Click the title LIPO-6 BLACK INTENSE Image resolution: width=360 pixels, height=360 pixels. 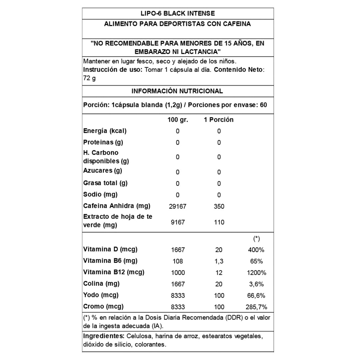[177, 13]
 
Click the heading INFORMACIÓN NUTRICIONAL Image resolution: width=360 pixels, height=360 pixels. [177, 91]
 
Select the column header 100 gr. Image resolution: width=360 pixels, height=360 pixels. [178, 120]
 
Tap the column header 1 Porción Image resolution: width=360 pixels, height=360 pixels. [219, 120]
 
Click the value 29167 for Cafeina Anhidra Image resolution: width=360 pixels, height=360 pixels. [178, 207]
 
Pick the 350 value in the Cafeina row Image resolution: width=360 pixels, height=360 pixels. [219, 207]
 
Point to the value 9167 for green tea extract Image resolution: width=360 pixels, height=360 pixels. [178, 222]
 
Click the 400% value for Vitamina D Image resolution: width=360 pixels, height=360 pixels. [256, 250]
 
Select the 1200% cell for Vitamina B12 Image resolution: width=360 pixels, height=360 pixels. [256, 273]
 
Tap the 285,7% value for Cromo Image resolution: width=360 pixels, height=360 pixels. [256, 307]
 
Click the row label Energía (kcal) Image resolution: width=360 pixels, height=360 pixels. [105, 131]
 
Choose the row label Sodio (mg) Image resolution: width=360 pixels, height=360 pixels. [100, 194]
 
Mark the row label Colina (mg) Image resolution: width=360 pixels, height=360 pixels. [101, 284]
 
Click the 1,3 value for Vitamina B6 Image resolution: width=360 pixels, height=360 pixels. [219, 261]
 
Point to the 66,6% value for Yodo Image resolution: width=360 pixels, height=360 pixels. [256, 296]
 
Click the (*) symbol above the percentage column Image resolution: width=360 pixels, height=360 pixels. [256, 239]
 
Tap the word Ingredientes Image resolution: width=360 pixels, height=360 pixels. [103, 336]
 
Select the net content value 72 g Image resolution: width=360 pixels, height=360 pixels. [89, 79]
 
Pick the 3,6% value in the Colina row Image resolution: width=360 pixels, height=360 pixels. [256, 284]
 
